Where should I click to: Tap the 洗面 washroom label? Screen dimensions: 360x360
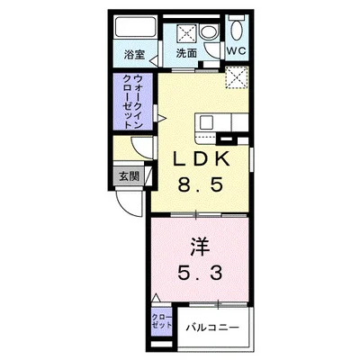[x=185, y=54]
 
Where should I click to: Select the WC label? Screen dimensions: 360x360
[x=238, y=52]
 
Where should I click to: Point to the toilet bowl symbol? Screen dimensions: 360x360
[x=236, y=28]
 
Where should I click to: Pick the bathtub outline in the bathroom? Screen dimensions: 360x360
[x=137, y=27]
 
